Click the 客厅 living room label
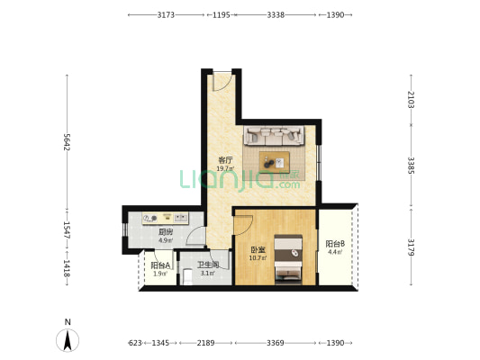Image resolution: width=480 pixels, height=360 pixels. tap(225, 159)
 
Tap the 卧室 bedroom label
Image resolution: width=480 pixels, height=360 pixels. tap(258, 250)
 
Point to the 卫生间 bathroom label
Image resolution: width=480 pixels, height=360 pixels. tap(208, 265)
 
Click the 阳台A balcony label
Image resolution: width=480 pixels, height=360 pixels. tap(160, 265)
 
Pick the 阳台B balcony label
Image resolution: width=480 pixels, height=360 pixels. tap(335, 244)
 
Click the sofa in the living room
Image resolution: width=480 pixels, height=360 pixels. tap(274, 135)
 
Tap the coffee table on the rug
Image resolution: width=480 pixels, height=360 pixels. tap(275, 161)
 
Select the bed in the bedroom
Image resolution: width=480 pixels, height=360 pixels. tap(288, 259)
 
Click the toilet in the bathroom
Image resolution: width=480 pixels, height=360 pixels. tap(187, 277)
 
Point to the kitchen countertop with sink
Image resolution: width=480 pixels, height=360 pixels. tap(166, 218)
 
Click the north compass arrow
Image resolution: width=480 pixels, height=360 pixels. tap(68, 340)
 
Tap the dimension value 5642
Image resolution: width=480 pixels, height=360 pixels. tap(67, 142)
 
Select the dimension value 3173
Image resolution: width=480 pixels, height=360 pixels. tap(166, 14)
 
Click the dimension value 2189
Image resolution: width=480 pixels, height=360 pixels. tap(205, 343)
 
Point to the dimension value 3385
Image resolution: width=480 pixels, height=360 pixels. tap(411, 166)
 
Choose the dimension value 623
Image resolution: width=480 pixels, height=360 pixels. tap(135, 343)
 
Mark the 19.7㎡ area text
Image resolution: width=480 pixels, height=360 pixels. tap(225, 168)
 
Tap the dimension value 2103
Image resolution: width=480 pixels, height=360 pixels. tap(411, 100)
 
